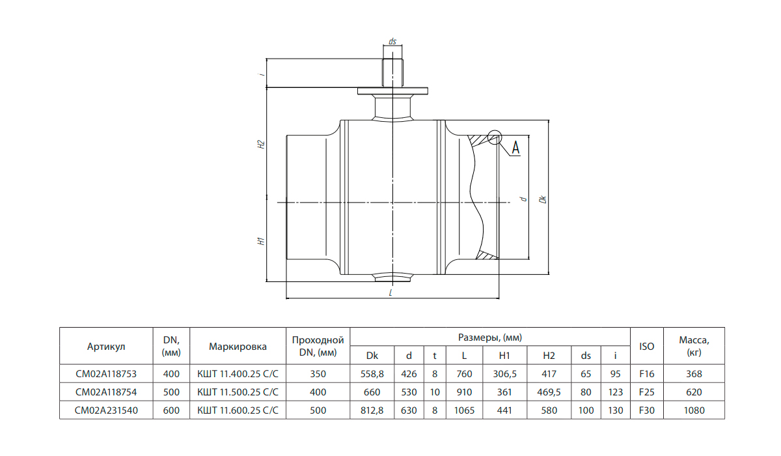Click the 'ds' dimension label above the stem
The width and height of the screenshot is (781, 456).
pyautogui.click(x=392, y=41)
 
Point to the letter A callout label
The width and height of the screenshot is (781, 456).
pyautogui.click(x=515, y=148)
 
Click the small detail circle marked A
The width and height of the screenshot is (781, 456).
pyautogui.click(x=495, y=137)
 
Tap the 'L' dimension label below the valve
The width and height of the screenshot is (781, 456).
pyautogui.click(x=391, y=292)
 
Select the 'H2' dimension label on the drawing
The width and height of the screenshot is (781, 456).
pyautogui.click(x=261, y=145)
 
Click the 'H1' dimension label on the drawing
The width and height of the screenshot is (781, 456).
pyautogui.click(x=261, y=241)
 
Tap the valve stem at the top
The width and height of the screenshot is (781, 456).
pyautogui.click(x=392, y=72)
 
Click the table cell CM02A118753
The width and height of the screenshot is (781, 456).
pyautogui.click(x=106, y=374)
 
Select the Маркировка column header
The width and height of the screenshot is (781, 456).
pyautogui.click(x=238, y=347)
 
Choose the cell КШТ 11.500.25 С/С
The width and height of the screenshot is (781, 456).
pyautogui.click(x=238, y=392)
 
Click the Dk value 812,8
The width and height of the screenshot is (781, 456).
pyautogui.click(x=372, y=410)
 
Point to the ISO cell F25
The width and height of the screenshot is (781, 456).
pyautogui.click(x=647, y=392)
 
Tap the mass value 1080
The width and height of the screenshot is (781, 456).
pyautogui.click(x=694, y=410)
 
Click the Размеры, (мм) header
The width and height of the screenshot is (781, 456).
pyautogui.click(x=490, y=337)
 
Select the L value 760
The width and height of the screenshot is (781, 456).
pyautogui.click(x=465, y=374)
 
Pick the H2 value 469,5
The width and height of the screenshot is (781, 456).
pyautogui.click(x=549, y=392)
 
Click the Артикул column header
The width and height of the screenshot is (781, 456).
pyautogui.click(x=106, y=347)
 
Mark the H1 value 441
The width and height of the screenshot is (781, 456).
pyautogui.click(x=504, y=410)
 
